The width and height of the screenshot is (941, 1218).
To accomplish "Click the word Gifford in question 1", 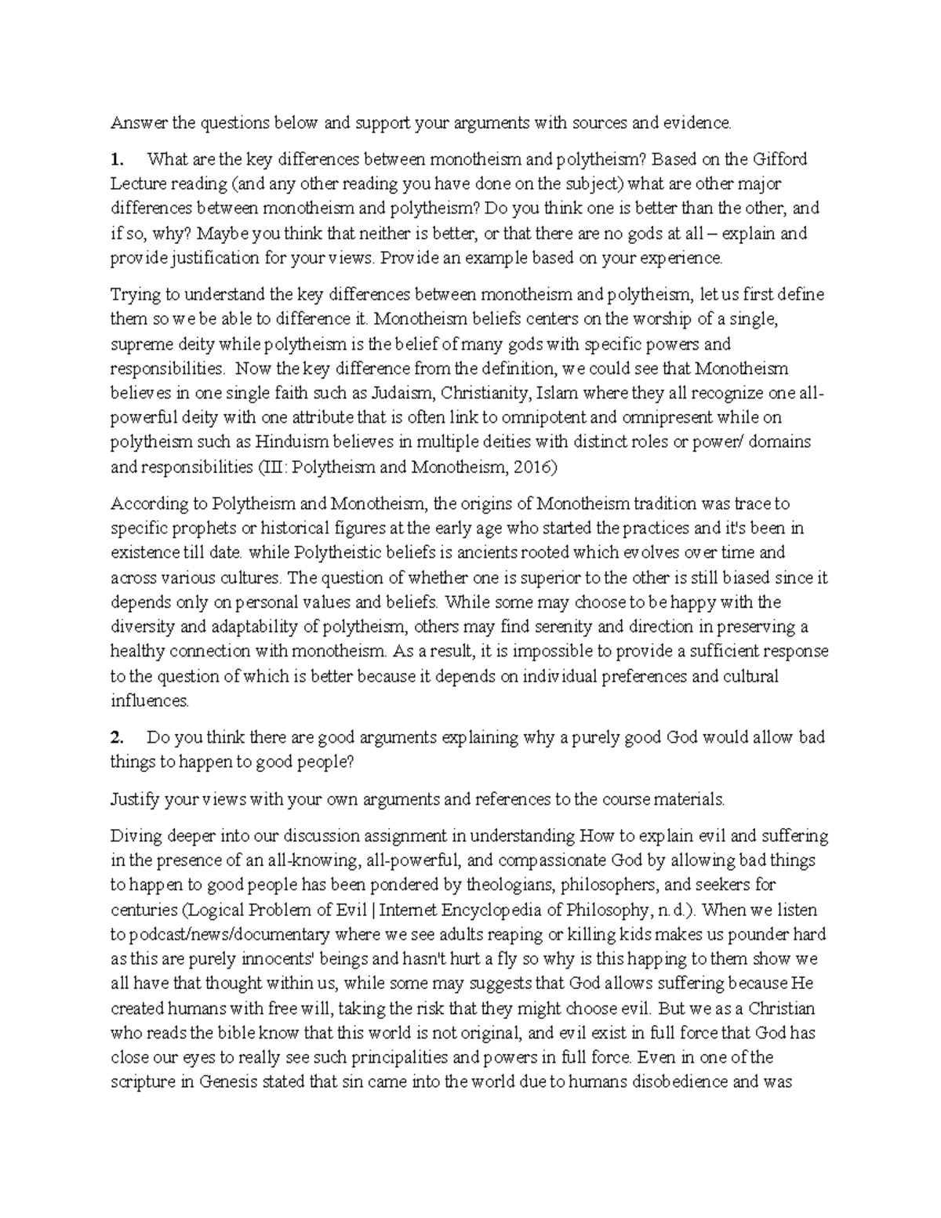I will tap(779, 159).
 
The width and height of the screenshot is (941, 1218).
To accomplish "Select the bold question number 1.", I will tap(116, 159).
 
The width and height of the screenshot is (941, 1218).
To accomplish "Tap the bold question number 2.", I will tap(117, 737).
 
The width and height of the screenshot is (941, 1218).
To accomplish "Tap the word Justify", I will tap(135, 799).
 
